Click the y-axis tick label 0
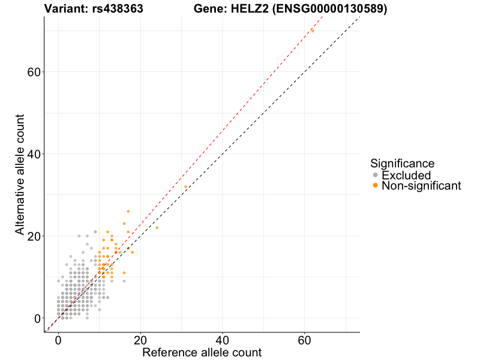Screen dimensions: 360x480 (x=37, y=318)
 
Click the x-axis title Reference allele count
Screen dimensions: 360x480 (x=202, y=352)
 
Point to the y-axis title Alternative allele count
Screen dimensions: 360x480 (x=20, y=174)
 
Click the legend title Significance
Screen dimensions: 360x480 (x=402, y=163)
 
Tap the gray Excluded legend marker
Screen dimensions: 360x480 (x=376, y=175)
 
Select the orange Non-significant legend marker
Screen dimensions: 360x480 (x=376, y=186)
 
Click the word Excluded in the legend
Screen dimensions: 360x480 (x=406, y=175)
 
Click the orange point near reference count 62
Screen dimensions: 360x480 (x=313, y=31)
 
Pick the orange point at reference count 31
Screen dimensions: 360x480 (x=185, y=187)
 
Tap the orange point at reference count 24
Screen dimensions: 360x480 (x=157, y=227)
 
